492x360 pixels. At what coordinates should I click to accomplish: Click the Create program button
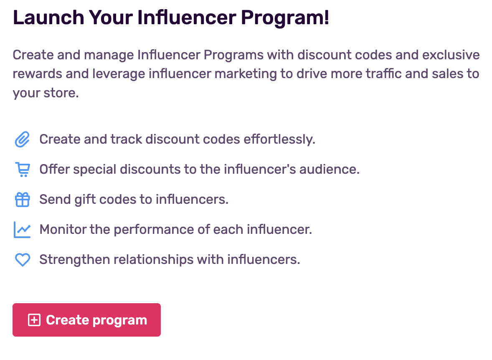pyautogui.click(x=86, y=320)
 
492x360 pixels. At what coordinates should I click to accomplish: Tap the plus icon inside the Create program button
pyautogui.click(x=34, y=320)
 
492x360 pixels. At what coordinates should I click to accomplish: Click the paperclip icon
pyautogui.click(x=22, y=139)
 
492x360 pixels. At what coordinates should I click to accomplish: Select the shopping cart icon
pyautogui.click(x=23, y=170)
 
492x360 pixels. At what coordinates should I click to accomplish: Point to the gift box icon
pyautogui.click(x=23, y=200)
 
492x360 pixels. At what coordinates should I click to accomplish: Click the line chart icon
pyautogui.click(x=22, y=230)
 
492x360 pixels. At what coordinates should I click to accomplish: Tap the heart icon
pyautogui.click(x=23, y=260)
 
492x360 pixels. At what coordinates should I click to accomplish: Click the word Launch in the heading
pyautogui.click(x=48, y=17)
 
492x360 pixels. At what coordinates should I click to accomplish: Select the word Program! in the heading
pyautogui.click(x=285, y=18)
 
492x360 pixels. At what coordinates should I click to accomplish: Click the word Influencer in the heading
pyautogui.click(x=187, y=17)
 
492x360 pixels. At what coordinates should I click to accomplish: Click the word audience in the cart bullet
pyautogui.click(x=330, y=169)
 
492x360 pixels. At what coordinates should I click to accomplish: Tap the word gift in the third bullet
pyautogui.click(x=85, y=200)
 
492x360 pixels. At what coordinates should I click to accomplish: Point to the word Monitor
pyautogui.click(x=63, y=229)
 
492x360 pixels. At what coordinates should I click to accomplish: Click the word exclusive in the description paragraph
pyautogui.click(x=451, y=55)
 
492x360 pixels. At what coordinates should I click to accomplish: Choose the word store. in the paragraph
pyautogui.click(x=61, y=93)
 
